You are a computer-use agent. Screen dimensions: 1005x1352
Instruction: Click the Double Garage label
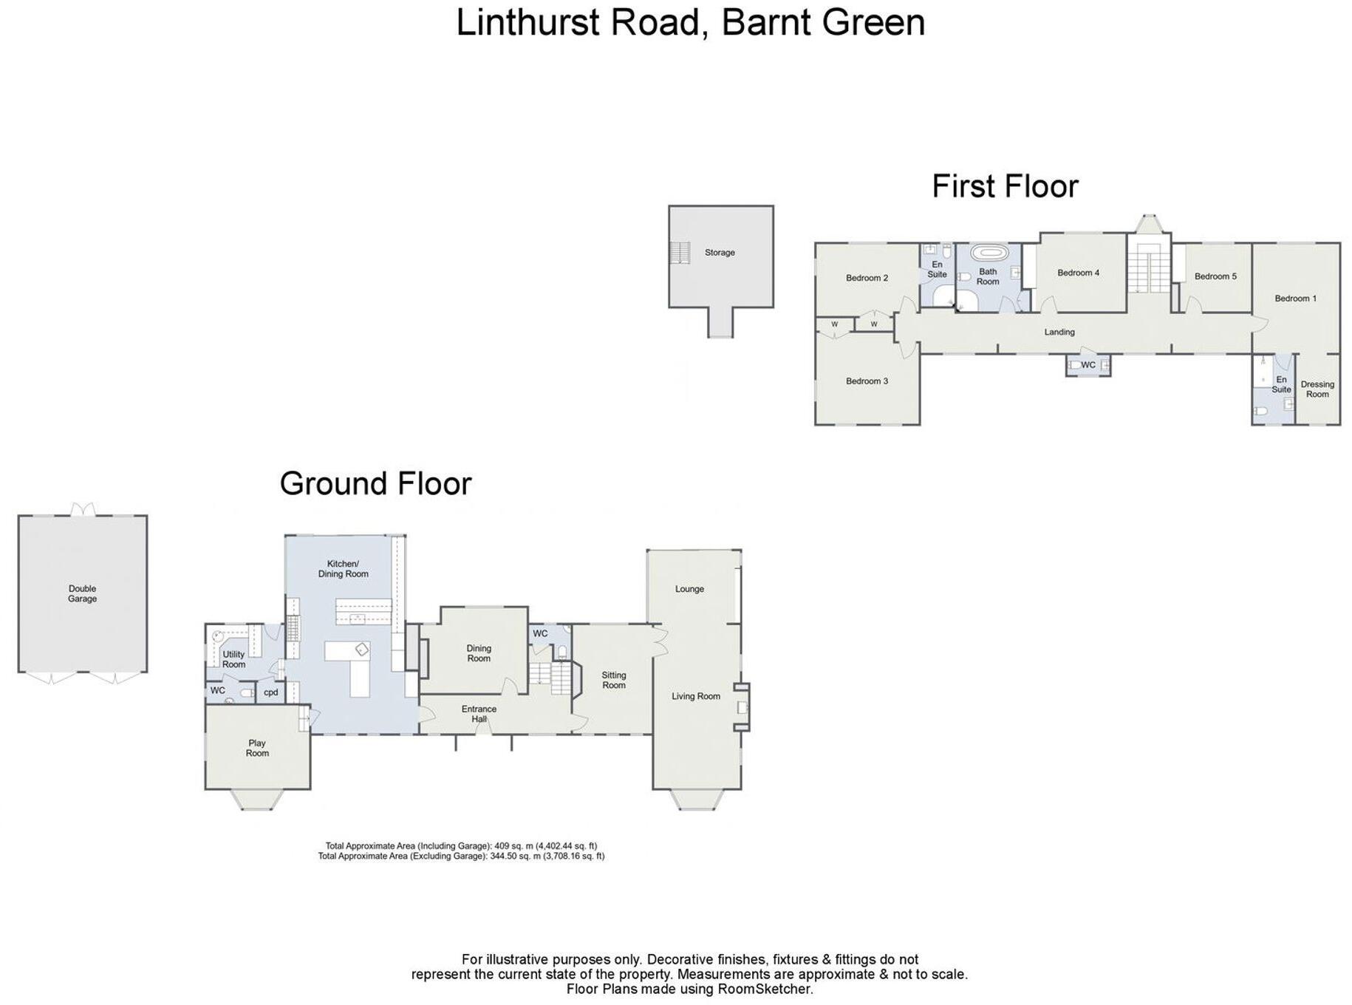tap(82, 594)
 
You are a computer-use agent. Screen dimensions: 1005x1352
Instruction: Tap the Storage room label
tap(719, 253)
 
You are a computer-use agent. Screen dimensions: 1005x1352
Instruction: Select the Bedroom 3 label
tap(867, 381)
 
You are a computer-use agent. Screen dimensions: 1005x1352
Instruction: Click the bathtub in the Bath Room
tap(989, 253)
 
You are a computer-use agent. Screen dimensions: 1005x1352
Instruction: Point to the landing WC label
tap(1088, 365)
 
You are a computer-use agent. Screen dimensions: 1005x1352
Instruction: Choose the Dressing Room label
tap(1317, 389)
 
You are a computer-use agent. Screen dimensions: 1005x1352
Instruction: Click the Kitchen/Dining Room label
tap(343, 569)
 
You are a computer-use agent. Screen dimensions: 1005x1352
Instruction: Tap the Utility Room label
tap(233, 659)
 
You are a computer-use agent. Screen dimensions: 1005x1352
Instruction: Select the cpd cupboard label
tap(270, 692)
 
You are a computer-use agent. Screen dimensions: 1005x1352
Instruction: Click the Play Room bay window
tap(257, 800)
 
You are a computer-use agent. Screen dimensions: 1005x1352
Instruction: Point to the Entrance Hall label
tap(479, 714)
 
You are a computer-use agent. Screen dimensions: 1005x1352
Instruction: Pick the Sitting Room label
tap(613, 680)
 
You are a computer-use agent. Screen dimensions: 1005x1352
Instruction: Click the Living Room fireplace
tap(742, 708)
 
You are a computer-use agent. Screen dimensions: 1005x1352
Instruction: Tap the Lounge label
tap(689, 589)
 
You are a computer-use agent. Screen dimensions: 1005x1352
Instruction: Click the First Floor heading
tap(1005, 186)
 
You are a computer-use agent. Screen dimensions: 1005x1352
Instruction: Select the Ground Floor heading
tap(375, 484)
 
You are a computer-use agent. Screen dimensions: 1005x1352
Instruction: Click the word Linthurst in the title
tap(528, 22)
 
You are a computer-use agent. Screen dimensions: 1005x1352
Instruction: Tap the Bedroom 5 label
tap(1215, 276)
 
